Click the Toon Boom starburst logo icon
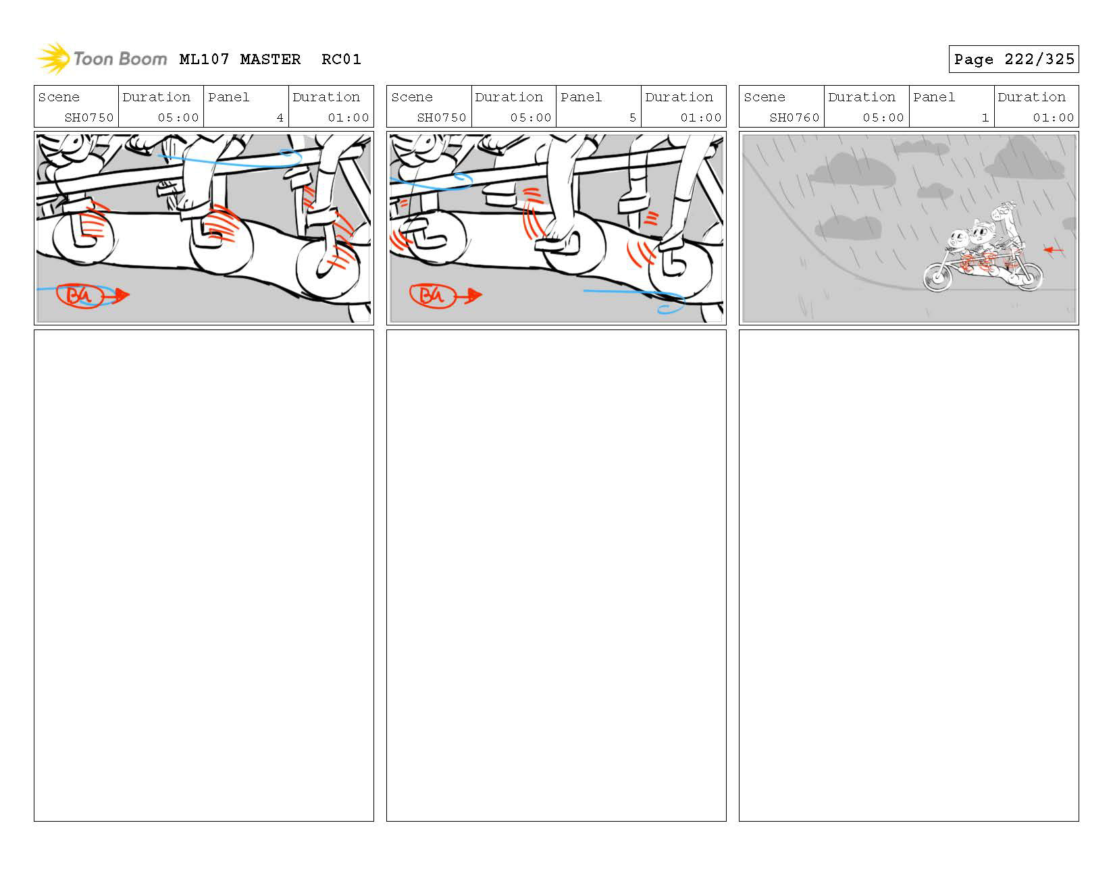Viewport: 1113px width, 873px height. (x=53, y=59)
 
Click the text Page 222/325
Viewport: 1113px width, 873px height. (x=1013, y=59)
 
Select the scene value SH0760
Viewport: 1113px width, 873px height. (x=794, y=117)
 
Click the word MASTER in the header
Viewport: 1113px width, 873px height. (x=270, y=59)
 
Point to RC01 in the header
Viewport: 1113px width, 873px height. (x=341, y=59)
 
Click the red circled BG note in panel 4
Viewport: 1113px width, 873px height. (x=79, y=296)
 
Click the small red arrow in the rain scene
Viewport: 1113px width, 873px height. (x=1053, y=250)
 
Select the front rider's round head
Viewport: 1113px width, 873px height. (x=958, y=240)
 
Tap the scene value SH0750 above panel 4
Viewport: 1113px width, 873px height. (x=89, y=117)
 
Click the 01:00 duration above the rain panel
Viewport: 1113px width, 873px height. (x=1053, y=117)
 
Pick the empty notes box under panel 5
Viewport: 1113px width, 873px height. (x=556, y=575)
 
